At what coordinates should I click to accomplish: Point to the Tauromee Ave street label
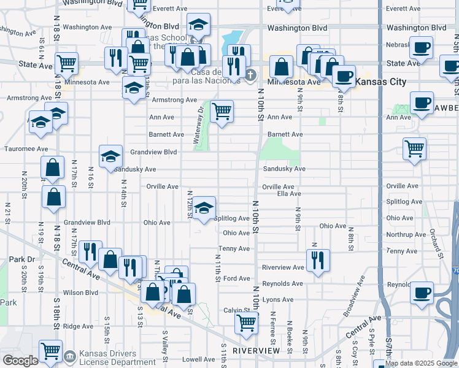click(26, 148)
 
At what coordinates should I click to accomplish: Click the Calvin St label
click(234, 310)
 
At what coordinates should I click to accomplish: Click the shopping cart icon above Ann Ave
click(222, 112)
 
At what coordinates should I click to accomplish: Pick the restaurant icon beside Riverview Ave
click(318, 260)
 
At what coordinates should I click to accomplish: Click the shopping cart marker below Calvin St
click(247, 323)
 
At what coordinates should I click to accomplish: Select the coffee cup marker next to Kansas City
click(344, 76)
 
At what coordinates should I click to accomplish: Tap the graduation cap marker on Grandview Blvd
click(111, 156)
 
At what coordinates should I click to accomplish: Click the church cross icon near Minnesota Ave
click(250, 76)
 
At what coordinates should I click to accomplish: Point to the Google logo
click(20, 361)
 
